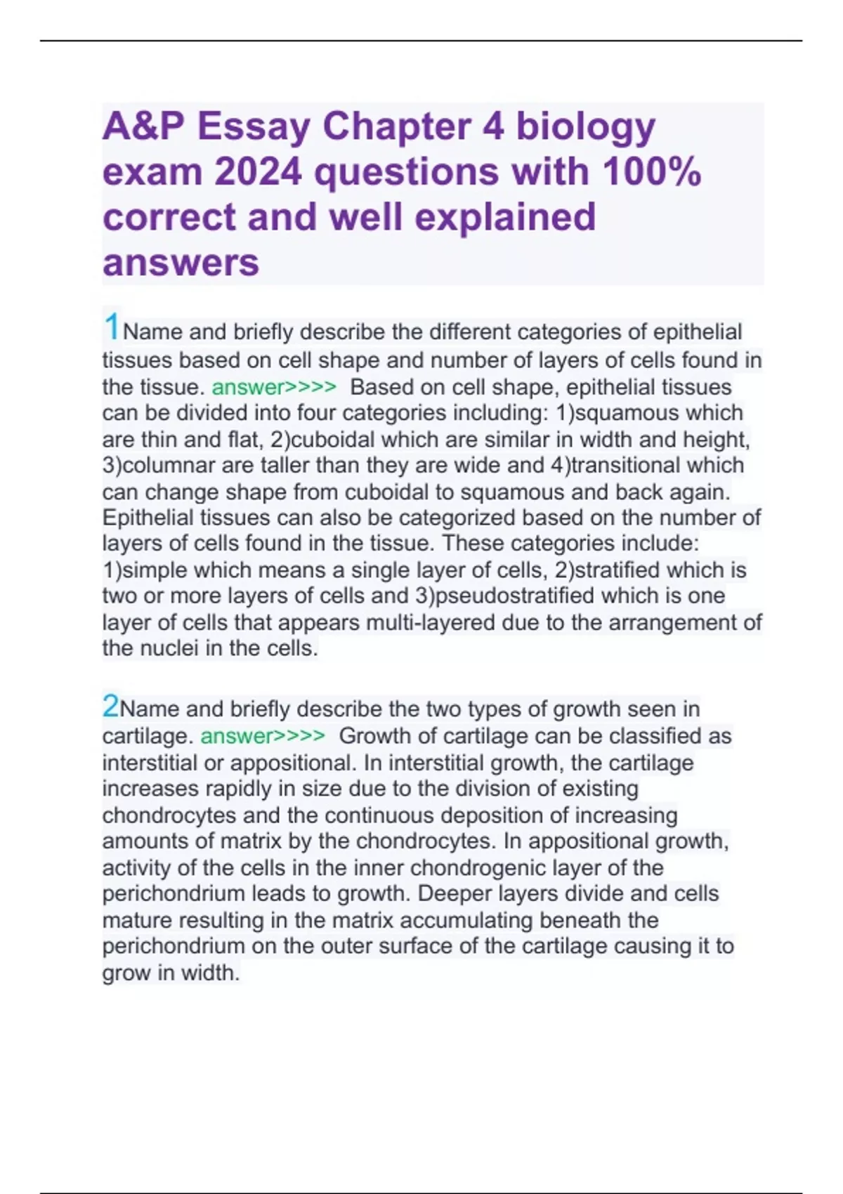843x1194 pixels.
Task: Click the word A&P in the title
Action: click(143, 126)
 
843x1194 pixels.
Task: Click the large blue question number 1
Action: click(111, 327)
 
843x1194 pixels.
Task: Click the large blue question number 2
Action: click(110, 706)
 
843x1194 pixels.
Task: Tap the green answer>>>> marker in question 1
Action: click(274, 387)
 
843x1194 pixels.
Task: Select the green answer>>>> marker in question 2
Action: click(263, 736)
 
